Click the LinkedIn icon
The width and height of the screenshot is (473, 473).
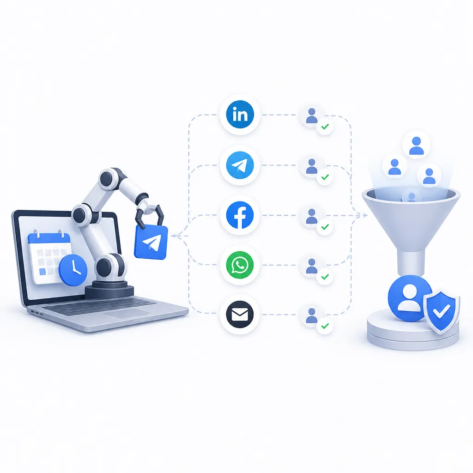(x=240, y=115)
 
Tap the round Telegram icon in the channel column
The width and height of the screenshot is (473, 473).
(x=240, y=165)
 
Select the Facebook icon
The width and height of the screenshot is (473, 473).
(x=240, y=215)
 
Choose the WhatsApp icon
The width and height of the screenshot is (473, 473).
(x=240, y=265)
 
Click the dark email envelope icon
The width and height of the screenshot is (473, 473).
(x=240, y=314)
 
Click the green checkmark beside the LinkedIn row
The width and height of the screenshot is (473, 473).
(x=325, y=127)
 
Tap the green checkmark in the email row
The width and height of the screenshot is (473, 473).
(x=325, y=326)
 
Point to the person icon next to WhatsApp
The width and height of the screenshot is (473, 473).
(x=312, y=266)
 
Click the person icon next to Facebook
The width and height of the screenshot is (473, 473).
(x=312, y=216)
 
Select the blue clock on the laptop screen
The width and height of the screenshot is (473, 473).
(x=73, y=270)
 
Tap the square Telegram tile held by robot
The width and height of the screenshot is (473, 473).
(x=151, y=242)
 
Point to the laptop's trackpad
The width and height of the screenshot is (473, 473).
(x=127, y=313)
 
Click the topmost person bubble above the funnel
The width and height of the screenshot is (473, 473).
(x=417, y=145)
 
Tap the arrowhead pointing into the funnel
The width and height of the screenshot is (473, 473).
(x=365, y=215)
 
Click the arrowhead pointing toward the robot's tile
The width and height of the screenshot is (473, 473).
(x=173, y=236)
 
